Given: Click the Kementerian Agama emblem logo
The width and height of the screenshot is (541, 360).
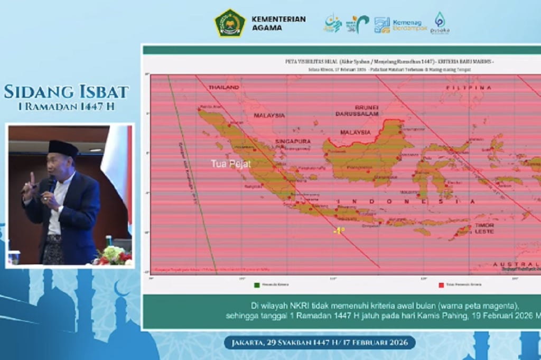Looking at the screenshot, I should pyautogui.click(x=230, y=23).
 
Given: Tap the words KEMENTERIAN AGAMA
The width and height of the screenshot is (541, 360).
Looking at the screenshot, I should pyautogui.click(x=278, y=23).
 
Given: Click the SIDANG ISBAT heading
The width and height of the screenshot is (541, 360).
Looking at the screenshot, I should pyautogui.click(x=67, y=91).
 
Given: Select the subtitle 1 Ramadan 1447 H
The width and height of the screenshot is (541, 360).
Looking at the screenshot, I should pyautogui.click(x=67, y=106).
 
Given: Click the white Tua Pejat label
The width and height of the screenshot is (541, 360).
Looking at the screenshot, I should pyautogui.click(x=231, y=164).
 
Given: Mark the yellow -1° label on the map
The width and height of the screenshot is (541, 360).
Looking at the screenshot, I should pyautogui.click(x=339, y=231).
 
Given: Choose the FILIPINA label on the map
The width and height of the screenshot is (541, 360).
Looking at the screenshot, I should pyautogui.click(x=465, y=87).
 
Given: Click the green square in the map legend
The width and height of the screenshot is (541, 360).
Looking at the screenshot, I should pyautogui.click(x=257, y=285).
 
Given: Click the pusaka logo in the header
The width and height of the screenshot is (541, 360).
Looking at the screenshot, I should pyautogui.click(x=440, y=24).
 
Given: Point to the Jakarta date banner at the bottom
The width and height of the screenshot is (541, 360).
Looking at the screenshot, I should pyautogui.click(x=320, y=343).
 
